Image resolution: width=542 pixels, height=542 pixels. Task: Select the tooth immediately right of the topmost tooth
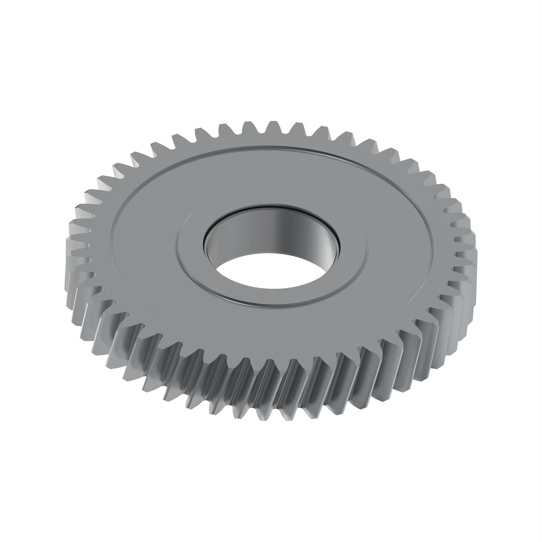coord(297,128)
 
